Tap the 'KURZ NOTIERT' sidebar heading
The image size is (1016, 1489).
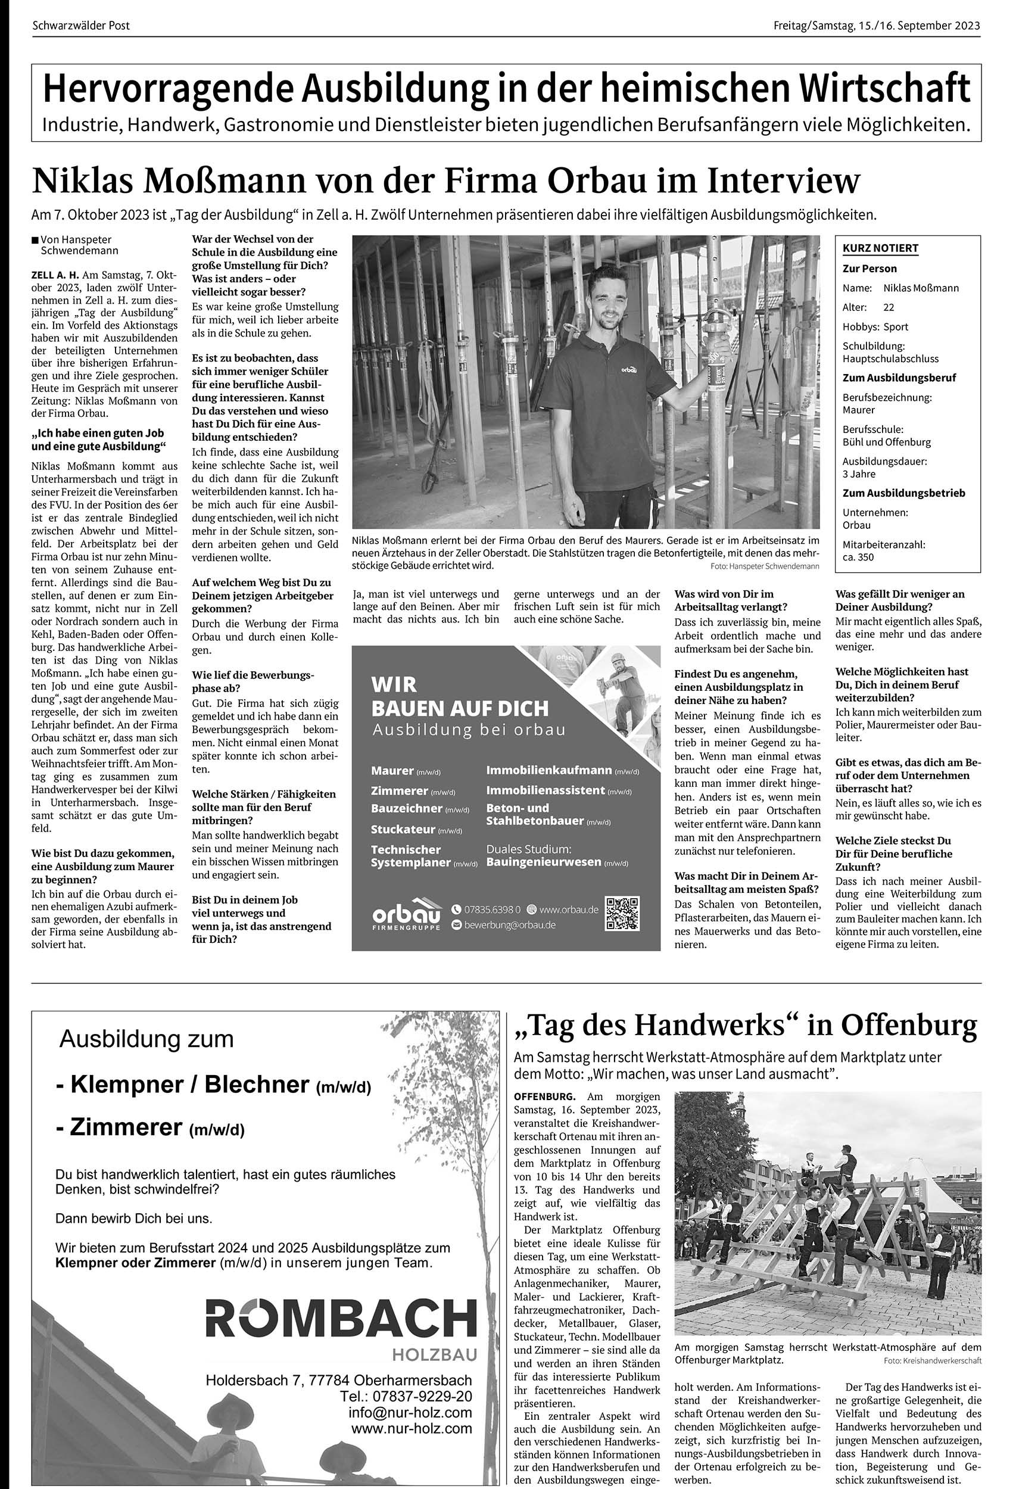(880, 248)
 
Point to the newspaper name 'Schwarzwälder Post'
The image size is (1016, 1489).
(81, 26)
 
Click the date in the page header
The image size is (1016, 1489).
(877, 26)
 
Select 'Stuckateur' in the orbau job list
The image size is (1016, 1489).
(403, 829)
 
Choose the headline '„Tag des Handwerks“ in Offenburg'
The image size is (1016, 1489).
(746, 1026)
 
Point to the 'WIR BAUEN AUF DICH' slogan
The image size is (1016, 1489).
(459, 696)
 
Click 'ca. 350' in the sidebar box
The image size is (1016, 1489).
(858, 557)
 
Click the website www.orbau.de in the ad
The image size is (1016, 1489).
(568, 909)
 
